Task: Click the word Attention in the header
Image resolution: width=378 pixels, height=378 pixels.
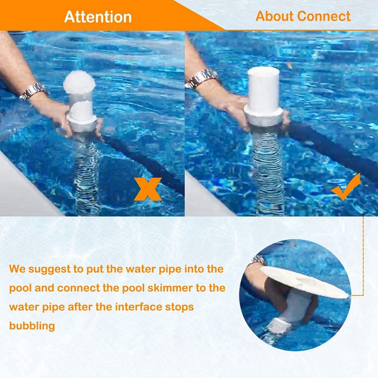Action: click(98, 17)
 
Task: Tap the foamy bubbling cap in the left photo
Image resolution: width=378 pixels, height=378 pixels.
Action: click(79, 82)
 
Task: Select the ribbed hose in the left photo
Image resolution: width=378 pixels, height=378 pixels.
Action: click(87, 175)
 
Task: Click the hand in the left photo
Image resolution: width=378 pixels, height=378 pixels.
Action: click(61, 116)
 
